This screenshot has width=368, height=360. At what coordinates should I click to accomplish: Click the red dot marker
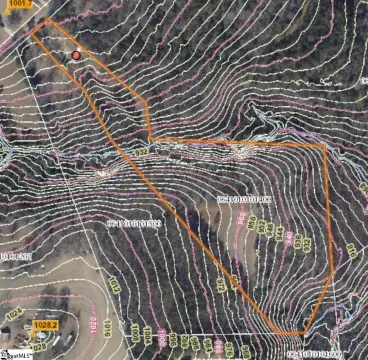77,56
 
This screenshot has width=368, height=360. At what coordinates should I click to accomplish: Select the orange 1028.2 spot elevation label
45,325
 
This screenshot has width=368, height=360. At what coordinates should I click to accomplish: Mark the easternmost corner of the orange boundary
326,146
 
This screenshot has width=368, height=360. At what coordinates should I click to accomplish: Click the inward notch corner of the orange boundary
150,138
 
